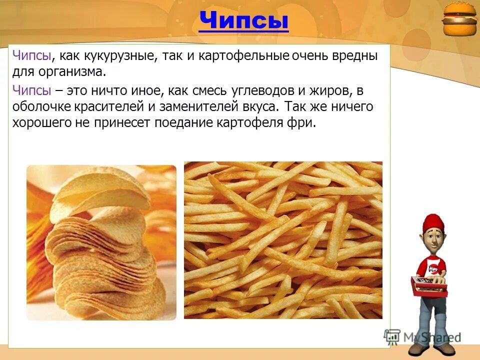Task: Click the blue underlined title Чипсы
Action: (243, 21)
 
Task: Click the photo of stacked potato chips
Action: (101, 242)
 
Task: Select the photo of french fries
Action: (283, 240)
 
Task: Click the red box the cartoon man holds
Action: (429, 285)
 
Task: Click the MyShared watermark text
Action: (431, 336)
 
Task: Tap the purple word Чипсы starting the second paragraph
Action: (31, 90)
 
